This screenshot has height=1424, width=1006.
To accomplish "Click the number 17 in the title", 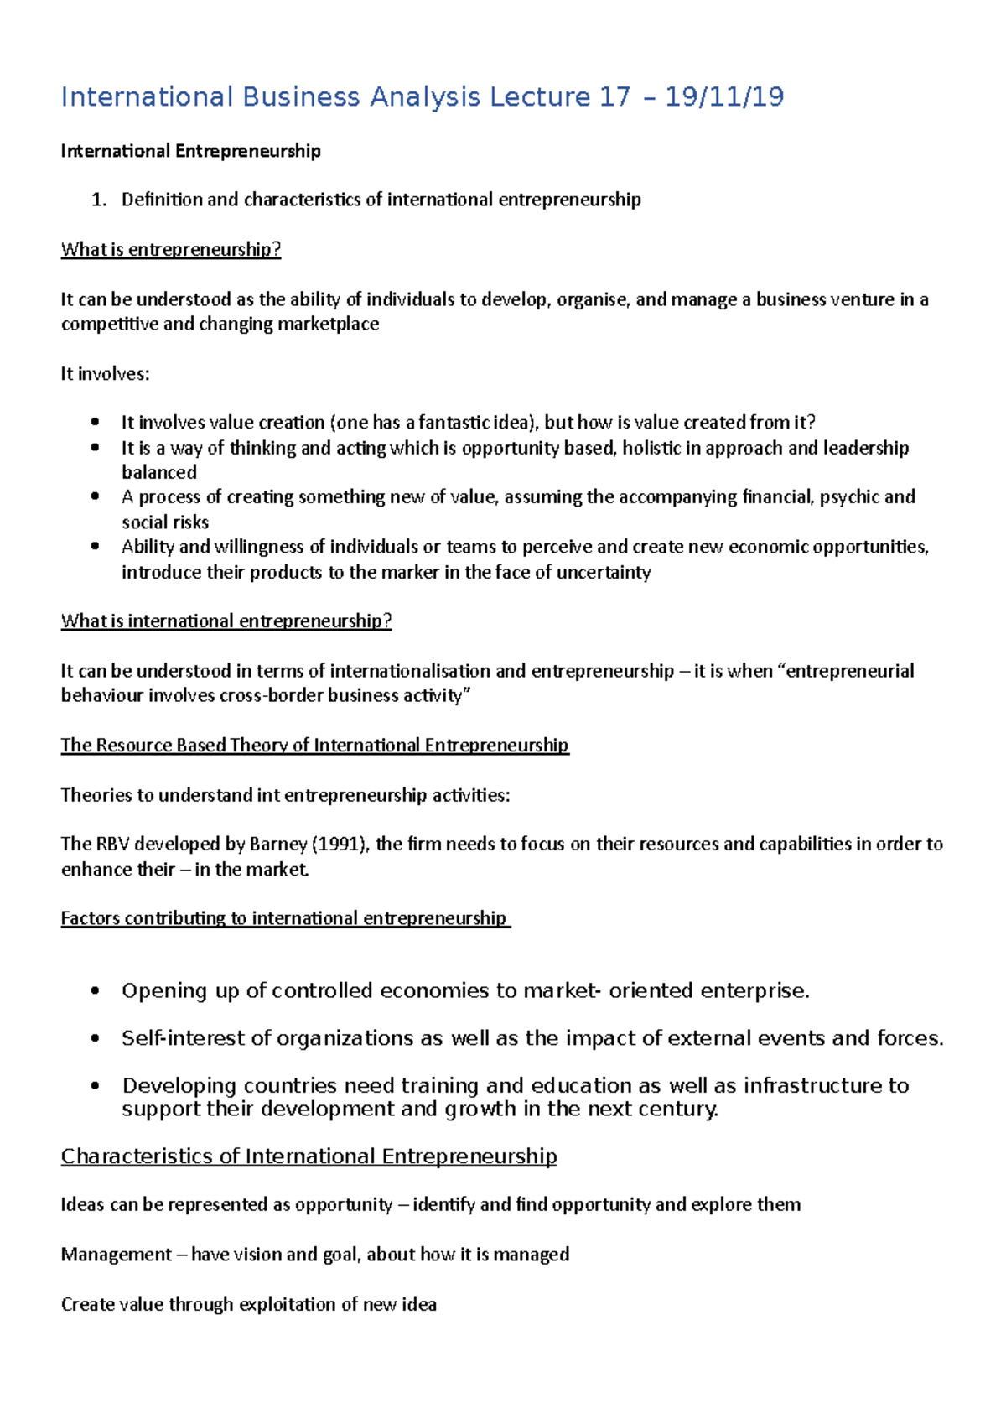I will [x=614, y=97].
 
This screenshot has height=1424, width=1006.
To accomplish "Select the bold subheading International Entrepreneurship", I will [x=190, y=151].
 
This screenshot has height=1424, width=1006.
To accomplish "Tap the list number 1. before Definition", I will [x=99, y=200].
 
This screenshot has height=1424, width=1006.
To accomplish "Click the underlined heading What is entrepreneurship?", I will [x=170, y=250].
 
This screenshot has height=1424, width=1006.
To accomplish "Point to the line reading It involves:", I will [x=105, y=374].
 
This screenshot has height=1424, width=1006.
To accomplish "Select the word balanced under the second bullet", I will [x=159, y=472].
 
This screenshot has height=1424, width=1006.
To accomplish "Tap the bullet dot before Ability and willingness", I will [x=96, y=547].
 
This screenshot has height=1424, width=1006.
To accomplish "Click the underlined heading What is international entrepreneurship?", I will [x=226, y=621].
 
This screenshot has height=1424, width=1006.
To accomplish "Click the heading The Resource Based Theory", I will [x=314, y=746].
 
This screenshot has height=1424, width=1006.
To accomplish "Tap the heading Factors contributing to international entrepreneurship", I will [x=284, y=918].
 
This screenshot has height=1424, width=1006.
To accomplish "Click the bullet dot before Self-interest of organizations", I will [x=96, y=1038].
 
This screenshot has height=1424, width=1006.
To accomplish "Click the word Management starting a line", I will [x=117, y=1255].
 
